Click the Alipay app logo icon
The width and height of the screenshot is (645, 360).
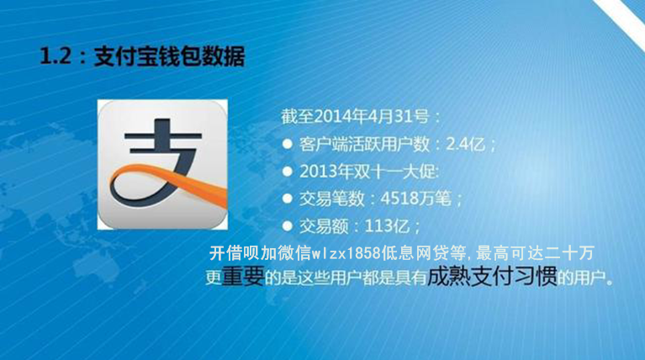162,165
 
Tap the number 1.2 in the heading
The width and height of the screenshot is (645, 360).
56,56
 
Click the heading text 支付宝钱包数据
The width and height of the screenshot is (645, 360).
170,56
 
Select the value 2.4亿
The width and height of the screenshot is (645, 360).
466,144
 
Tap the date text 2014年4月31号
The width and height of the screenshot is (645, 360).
372,116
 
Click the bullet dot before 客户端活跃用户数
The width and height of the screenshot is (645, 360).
287,144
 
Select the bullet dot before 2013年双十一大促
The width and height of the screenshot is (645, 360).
287,171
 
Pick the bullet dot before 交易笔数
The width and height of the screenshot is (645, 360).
287,199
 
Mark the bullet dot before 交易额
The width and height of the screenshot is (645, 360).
287,226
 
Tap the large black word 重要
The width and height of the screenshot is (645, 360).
243,277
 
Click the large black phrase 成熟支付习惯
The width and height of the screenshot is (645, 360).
493,276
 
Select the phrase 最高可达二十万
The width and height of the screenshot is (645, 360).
535,253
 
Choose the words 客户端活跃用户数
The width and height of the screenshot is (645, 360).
364,144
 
